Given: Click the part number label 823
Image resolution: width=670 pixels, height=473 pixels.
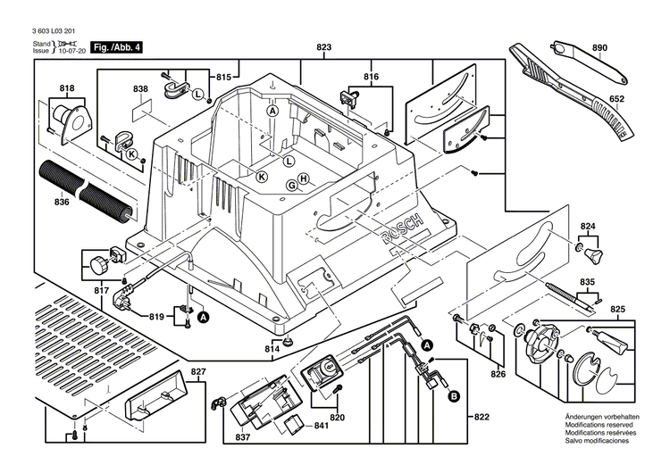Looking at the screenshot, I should click(x=324, y=46).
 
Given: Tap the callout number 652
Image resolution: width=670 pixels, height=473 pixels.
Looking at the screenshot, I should click(x=616, y=101).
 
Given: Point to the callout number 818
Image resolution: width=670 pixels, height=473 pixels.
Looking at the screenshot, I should click(x=67, y=88).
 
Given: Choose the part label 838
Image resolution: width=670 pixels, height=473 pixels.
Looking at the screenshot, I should click(x=140, y=89).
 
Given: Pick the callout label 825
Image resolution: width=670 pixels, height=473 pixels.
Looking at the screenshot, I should click(x=617, y=309).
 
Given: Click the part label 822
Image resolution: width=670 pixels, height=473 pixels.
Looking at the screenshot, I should click(x=482, y=418).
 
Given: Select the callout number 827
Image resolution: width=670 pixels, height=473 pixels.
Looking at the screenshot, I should click(x=197, y=371).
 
